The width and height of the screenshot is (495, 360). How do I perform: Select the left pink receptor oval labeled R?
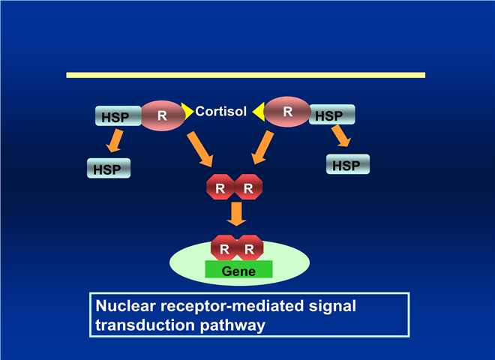(162, 115)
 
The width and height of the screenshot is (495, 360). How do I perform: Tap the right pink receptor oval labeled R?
(286, 112)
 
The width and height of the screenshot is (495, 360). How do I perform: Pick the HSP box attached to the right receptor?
(331, 115)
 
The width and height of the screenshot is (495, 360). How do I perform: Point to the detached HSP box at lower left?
(109, 168)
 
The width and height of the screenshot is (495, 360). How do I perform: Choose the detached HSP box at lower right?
(347, 164)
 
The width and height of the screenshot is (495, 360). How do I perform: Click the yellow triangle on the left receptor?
(187, 111)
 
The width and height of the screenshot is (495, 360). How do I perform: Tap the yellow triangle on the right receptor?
(259, 112)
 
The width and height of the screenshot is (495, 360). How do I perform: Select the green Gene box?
(238, 270)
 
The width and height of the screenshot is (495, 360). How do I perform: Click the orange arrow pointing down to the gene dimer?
(237, 214)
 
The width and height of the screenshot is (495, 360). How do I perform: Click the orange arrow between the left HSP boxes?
(114, 140)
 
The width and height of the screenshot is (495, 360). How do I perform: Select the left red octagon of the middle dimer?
(220, 188)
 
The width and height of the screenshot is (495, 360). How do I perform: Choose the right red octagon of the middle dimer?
(248, 188)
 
